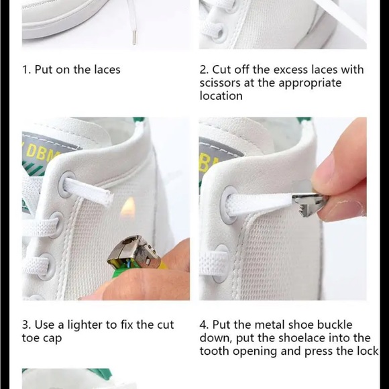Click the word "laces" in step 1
(x=105, y=70)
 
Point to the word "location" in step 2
(x=221, y=96)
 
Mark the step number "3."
(x=27, y=325)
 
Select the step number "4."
(x=205, y=325)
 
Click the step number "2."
(x=205, y=70)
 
